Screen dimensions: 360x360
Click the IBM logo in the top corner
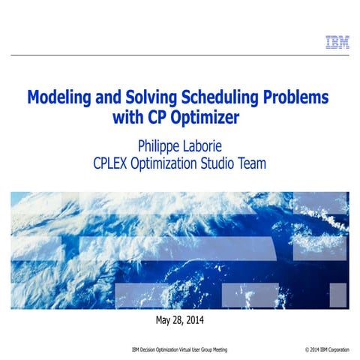[337, 42]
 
